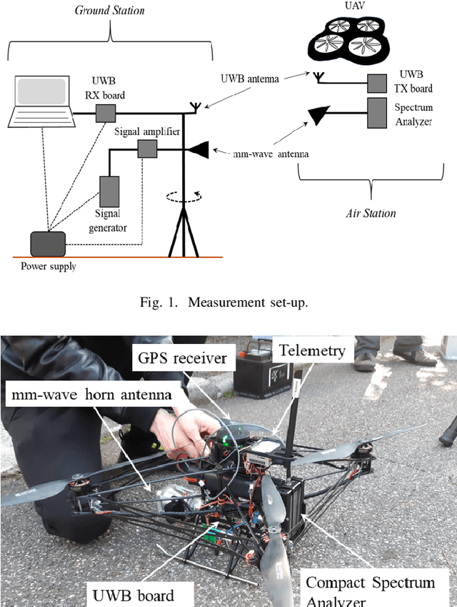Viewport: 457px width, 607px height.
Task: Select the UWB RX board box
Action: (106, 113)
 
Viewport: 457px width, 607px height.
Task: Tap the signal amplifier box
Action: (146, 149)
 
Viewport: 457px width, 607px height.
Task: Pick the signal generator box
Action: (110, 190)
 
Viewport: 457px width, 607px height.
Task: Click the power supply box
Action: (48, 243)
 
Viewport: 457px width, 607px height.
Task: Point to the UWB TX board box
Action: (377, 84)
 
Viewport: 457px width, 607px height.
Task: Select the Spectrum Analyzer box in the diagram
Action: (377, 114)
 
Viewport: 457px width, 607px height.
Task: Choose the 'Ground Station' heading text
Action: (110, 10)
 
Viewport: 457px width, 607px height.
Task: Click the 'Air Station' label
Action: (371, 213)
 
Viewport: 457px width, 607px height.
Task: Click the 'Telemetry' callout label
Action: (312, 350)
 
